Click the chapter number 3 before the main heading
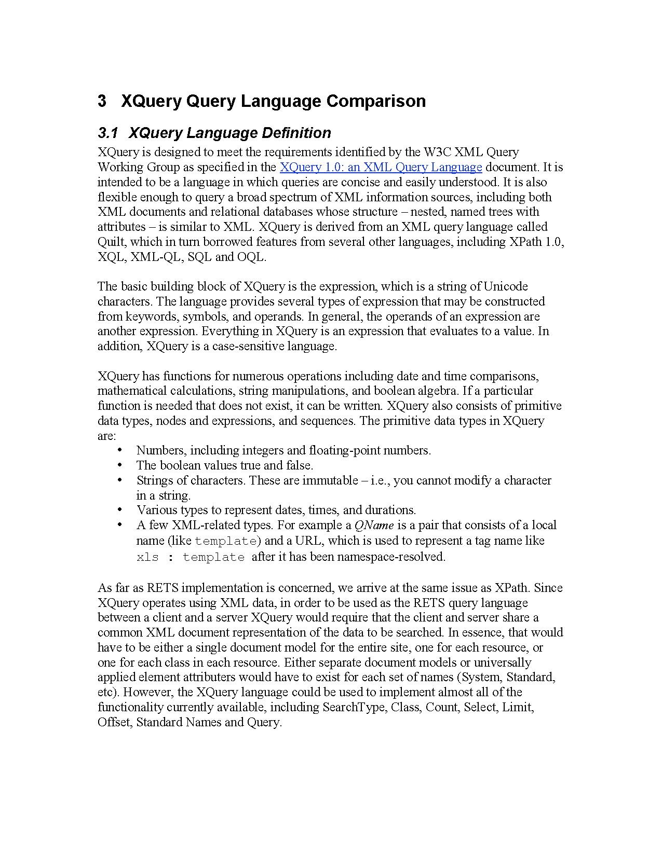click(x=102, y=101)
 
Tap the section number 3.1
click(x=109, y=133)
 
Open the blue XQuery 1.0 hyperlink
click(x=381, y=167)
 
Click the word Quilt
click(x=111, y=242)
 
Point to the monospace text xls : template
click(x=190, y=557)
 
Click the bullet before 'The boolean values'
click(x=120, y=465)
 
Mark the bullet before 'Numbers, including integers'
click(x=120, y=450)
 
